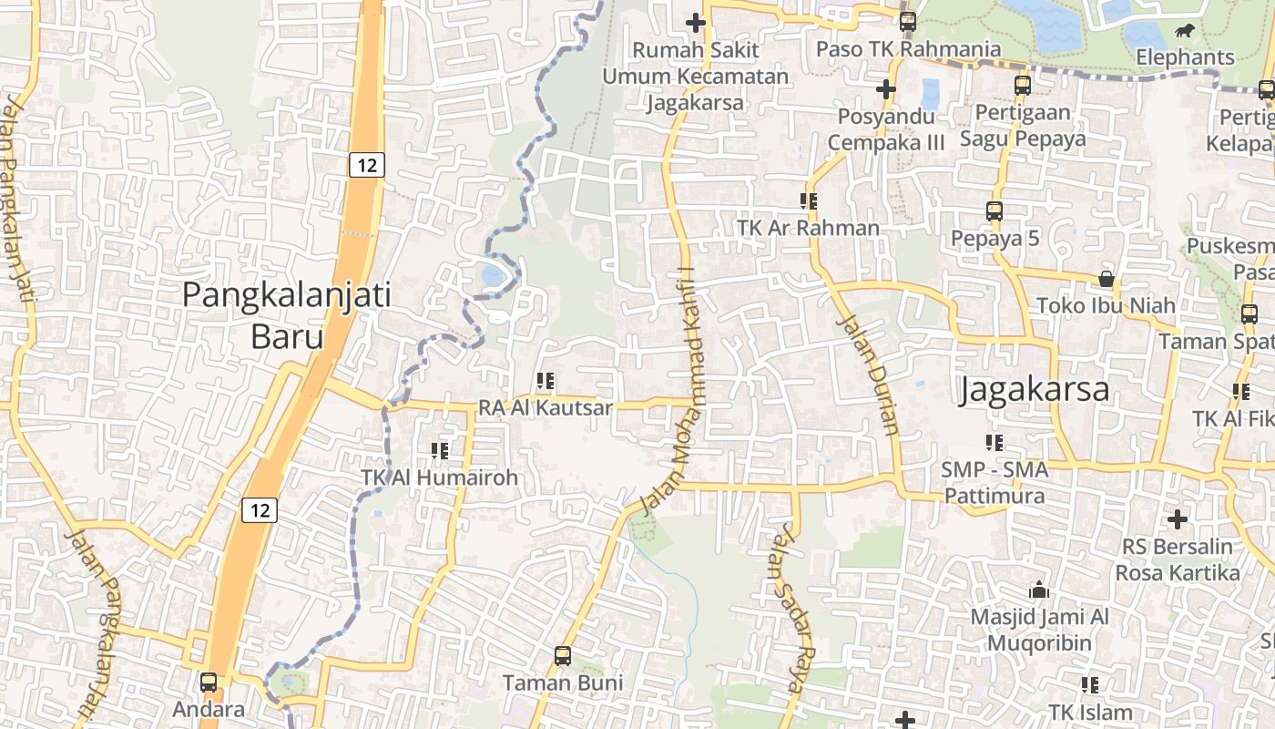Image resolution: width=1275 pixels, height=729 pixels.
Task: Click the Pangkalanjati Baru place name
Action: pyautogui.click(x=287, y=315)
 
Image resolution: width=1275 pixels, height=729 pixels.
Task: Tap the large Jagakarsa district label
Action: pyautogui.click(x=1035, y=390)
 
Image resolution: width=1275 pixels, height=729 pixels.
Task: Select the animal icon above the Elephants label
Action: pyautogui.click(x=1185, y=32)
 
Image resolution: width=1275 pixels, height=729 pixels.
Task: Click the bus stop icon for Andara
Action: pyautogui.click(x=209, y=683)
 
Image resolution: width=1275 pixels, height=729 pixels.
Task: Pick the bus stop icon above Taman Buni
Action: pyautogui.click(x=563, y=655)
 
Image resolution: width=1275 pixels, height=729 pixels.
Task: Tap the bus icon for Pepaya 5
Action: pyautogui.click(x=994, y=211)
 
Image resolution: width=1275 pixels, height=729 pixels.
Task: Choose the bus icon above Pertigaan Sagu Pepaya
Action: pyautogui.click(x=1023, y=86)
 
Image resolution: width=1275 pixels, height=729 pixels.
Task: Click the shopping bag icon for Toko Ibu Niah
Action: pyautogui.click(x=1107, y=279)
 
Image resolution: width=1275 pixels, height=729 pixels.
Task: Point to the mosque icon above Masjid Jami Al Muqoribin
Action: pyautogui.click(x=1039, y=590)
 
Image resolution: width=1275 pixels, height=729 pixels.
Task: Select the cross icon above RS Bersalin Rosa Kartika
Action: pyautogui.click(x=1178, y=519)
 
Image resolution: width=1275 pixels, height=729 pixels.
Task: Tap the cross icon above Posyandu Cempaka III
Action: pyautogui.click(x=885, y=89)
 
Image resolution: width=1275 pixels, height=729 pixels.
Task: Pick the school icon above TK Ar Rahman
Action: pyautogui.click(x=808, y=200)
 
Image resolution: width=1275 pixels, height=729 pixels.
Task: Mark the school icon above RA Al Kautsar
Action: pyautogui.click(x=546, y=381)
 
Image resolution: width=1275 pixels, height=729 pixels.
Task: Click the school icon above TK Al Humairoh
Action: pyautogui.click(x=440, y=450)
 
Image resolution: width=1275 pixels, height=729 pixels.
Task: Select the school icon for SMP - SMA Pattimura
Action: pyautogui.click(x=994, y=443)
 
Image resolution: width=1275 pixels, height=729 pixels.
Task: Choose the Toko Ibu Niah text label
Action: pyautogui.click(x=1107, y=305)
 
